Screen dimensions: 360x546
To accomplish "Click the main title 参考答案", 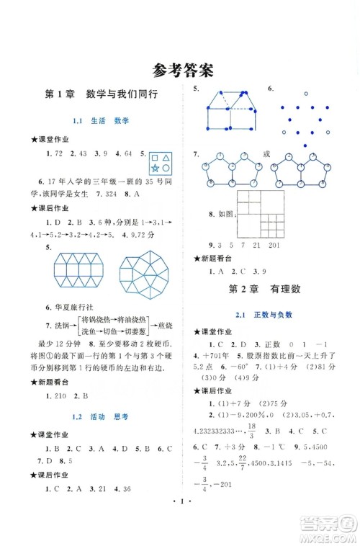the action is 181,70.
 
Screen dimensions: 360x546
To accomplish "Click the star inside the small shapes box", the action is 156,168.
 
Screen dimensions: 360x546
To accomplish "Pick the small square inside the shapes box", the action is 155,157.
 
